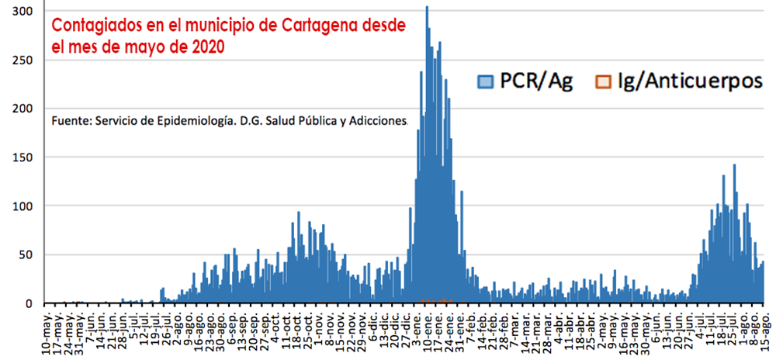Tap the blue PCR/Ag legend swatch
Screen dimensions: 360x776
[x=485, y=81]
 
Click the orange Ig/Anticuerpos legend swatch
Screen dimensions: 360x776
[x=602, y=81]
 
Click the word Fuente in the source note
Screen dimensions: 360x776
[x=69, y=122]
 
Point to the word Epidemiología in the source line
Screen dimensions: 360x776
[x=182, y=122]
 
